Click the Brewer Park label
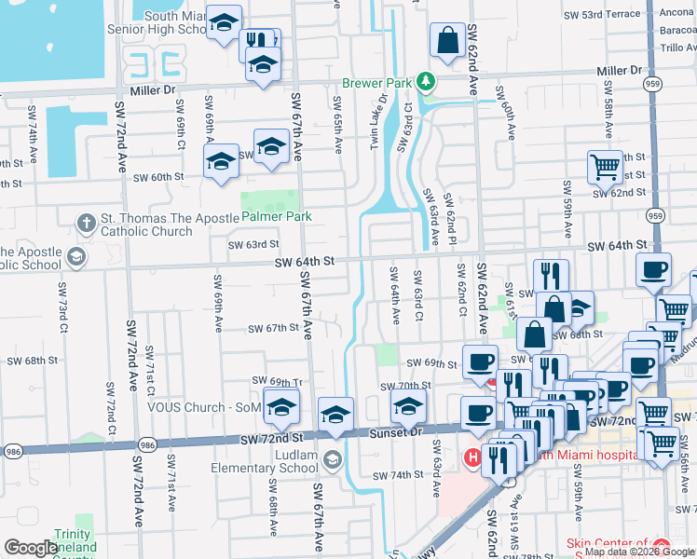coord(376,83)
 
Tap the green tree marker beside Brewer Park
coord(426,82)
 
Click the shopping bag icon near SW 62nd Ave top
coord(448,40)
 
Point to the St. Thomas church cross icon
coord(86,224)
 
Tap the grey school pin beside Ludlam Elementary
coord(334,459)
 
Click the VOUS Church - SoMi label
coord(203,407)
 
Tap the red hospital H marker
coord(472,457)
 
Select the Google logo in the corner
coord(31,547)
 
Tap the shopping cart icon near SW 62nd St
coord(605,167)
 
